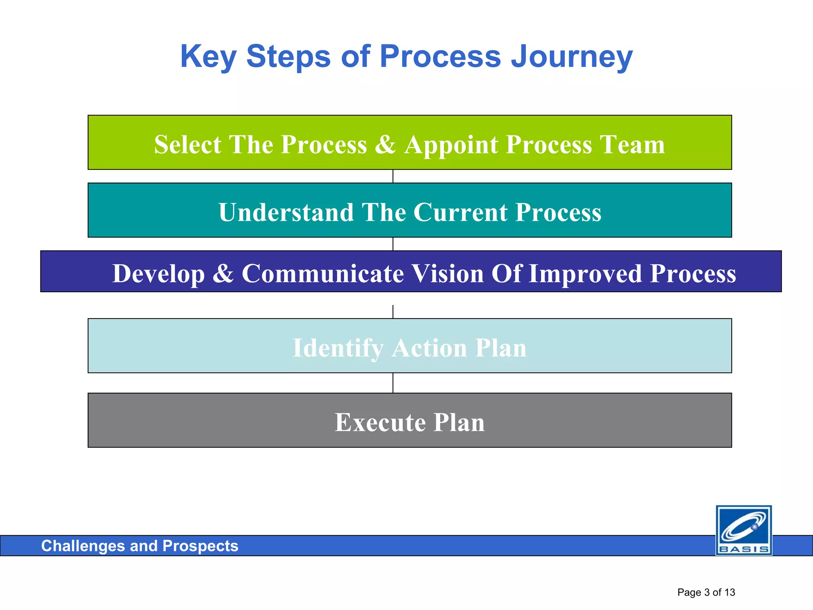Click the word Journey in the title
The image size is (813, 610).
(x=572, y=57)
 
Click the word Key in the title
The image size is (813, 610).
(x=208, y=57)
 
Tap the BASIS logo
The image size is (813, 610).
(x=744, y=530)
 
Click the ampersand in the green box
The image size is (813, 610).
(x=385, y=144)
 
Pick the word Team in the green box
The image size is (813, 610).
(x=632, y=144)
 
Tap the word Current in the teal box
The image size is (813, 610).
(x=460, y=212)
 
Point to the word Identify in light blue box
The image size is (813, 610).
(x=337, y=348)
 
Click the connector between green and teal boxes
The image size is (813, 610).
(x=393, y=176)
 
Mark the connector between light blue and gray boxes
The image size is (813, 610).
(x=393, y=383)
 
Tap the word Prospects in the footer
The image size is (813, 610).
(x=200, y=546)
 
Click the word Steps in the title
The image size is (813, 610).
(x=288, y=57)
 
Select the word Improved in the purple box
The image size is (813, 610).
(x=585, y=274)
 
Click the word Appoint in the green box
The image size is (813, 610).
(x=451, y=144)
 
